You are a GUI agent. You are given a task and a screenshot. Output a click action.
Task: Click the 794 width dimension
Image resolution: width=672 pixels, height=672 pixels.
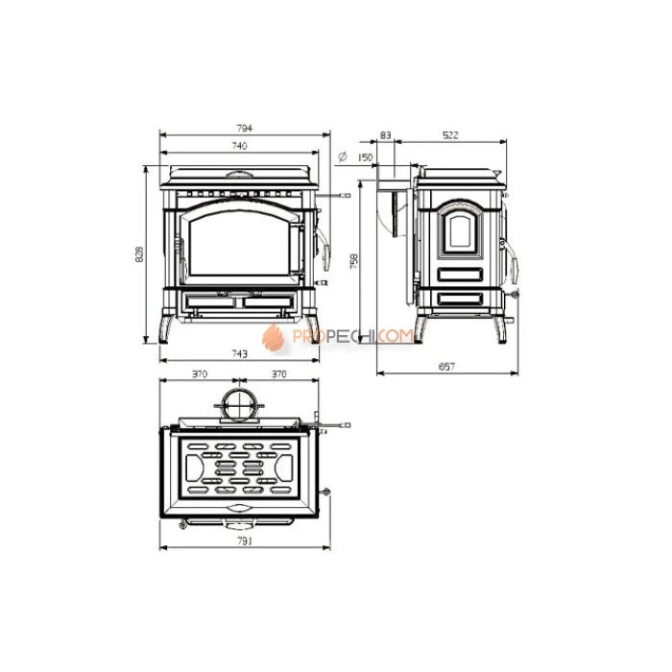tap(244, 128)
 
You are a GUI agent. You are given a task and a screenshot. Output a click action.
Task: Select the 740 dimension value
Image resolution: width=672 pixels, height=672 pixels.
tap(239, 146)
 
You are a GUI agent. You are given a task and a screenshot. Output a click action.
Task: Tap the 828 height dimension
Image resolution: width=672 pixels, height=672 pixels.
tap(139, 254)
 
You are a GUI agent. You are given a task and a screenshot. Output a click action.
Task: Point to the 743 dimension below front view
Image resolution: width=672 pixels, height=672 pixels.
tap(239, 353)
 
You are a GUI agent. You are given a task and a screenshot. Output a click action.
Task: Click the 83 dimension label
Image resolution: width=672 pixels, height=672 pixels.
tap(385, 135)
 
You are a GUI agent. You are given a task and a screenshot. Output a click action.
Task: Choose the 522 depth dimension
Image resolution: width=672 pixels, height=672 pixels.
tap(450, 135)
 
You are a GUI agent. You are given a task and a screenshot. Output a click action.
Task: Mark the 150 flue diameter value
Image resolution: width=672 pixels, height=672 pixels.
tap(365, 157)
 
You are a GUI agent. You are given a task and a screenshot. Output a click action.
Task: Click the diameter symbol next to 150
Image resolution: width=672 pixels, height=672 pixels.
tap(343, 156)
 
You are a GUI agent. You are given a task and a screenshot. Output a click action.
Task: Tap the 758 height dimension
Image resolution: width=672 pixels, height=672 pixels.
tap(353, 261)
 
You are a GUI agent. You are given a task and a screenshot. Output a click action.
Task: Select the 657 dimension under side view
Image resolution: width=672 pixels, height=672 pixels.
tap(446, 367)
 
